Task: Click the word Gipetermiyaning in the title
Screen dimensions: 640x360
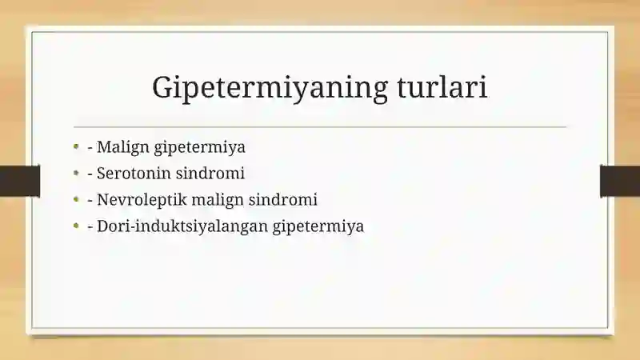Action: pyautogui.click(x=270, y=88)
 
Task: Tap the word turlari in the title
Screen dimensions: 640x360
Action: pyautogui.click(x=442, y=86)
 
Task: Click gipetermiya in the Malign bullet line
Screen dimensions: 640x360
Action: pyautogui.click(x=199, y=148)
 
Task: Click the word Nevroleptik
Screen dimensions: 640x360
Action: pyautogui.click(x=142, y=200)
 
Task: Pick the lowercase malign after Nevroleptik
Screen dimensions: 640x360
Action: pyautogui.click(x=218, y=200)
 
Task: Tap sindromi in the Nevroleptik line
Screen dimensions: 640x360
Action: pyautogui.click(x=283, y=199)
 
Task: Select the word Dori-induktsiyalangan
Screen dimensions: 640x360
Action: pyautogui.click(x=182, y=226)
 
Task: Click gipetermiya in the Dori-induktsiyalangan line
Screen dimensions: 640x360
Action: pyautogui.click(x=318, y=226)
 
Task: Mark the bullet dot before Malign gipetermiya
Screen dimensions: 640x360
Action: pyautogui.click(x=76, y=146)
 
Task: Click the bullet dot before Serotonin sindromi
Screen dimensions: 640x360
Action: pyautogui.click(x=76, y=173)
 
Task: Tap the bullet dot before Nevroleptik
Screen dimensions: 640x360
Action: pyautogui.click(x=76, y=199)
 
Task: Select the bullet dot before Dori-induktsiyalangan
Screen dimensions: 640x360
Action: pyautogui.click(x=76, y=226)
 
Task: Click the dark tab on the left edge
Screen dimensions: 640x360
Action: pyautogui.click(x=20, y=181)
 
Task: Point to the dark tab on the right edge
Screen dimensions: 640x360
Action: pyautogui.click(x=620, y=181)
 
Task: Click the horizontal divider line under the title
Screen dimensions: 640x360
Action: pyautogui.click(x=320, y=127)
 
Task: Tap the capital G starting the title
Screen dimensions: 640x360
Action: pyautogui.click(x=162, y=86)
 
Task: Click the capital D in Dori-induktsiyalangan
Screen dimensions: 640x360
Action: pyautogui.click(x=102, y=226)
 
